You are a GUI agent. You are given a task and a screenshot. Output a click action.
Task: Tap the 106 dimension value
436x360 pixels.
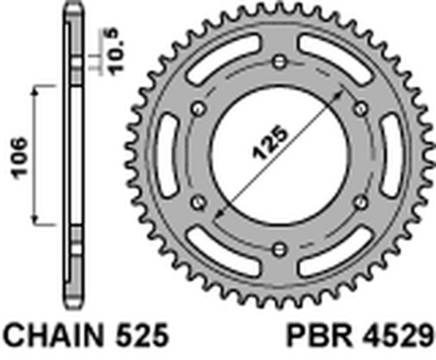point(20,158)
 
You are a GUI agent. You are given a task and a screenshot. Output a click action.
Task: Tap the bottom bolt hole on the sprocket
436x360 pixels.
point(280,249)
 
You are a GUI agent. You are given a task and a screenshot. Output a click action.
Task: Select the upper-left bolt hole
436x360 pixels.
point(198,107)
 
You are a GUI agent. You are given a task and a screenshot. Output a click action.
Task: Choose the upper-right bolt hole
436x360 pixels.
point(361,107)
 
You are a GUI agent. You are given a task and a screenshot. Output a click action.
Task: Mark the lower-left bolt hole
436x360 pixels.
point(198,202)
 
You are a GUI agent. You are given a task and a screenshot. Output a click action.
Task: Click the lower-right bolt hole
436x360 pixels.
point(361,202)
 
